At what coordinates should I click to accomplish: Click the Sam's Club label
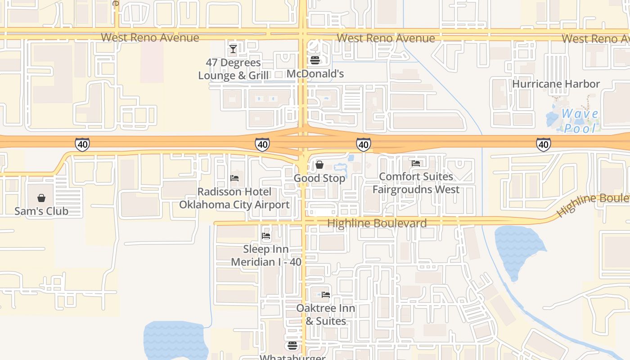pyautogui.click(x=41, y=211)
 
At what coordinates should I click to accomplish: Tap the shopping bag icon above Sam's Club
pyautogui.click(x=41, y=198)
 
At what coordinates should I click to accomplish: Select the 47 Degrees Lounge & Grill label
pyautogui.click(x=234, y=69)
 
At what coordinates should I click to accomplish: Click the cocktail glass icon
pyautogui.click(x=233, y=49)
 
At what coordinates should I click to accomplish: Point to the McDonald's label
pyautogui.click(x=315, y=74)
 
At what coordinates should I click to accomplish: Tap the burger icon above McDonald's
pyautogui.click(x=315, y=60)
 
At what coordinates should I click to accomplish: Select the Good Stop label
pyautogui.click(x=319, y=178)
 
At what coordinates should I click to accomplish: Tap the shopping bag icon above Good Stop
pyautogui.click(x=319, y=165)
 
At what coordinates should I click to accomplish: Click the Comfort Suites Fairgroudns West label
pyautogui.click(x=416, y=183)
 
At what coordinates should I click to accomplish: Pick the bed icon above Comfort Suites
pyautogui.click(x=416, y=163)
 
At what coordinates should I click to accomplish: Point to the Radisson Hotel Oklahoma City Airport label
pyautogui.click(x=234, y=198)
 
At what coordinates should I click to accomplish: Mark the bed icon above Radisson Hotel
pyautogui.click(x=234, y=178)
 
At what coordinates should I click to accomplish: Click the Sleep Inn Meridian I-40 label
pyautogui.click(x=266, y=255)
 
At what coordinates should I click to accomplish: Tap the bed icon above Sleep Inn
pyautogui.click(x=266, y=235)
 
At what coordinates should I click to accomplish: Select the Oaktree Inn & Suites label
pyautogui.click(x=326, y=315)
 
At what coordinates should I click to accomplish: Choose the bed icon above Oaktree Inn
pyautogui.click(x=326, y=295)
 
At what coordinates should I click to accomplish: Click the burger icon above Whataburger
pyautogui.click(x=292, y=346)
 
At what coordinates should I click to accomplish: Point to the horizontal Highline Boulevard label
pyautogui.click(x=377, y=223)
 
